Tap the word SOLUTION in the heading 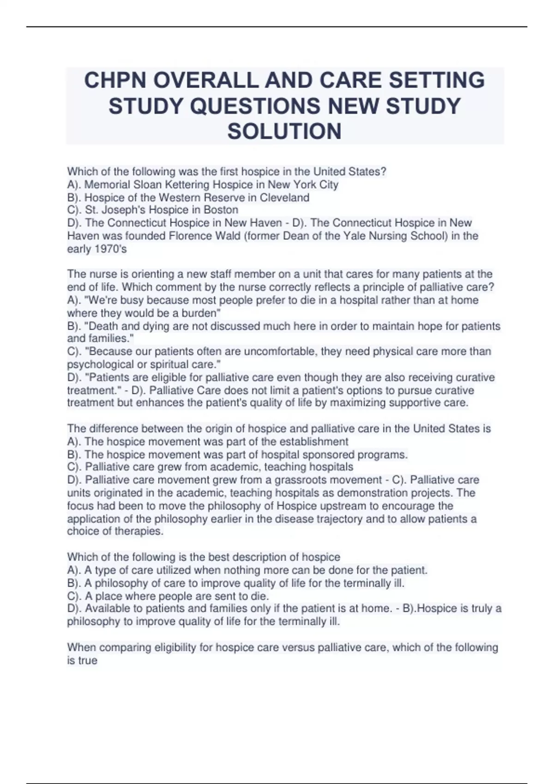tap(284, 131)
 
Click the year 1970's tap(110, 249)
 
